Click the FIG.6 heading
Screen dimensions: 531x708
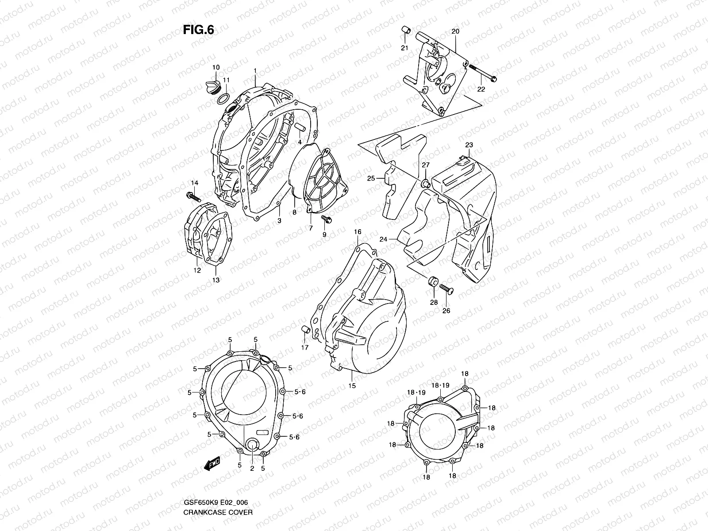click(198, 30)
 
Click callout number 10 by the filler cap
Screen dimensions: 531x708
click(215, 67)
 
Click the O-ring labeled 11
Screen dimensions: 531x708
click(224, 98)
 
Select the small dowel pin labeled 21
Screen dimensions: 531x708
click(404, 31)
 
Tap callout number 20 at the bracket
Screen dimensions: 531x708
click(455, 31)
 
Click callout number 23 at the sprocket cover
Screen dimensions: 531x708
click(469, 145)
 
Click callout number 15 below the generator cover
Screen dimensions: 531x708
click(352, 386)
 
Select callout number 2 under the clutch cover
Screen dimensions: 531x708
click(251, 468)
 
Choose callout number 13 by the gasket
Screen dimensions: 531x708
click(215, 280)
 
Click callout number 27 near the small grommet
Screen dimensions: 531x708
click(425, 165)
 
